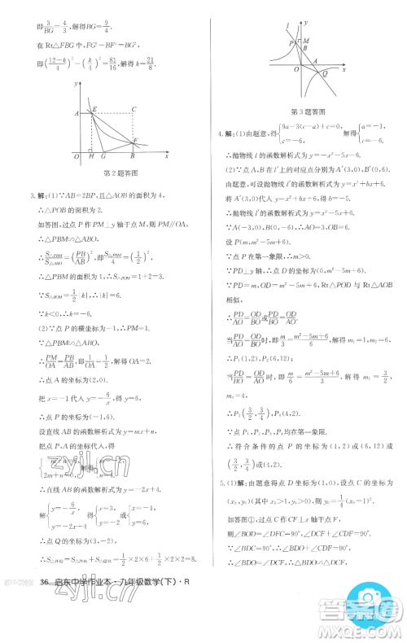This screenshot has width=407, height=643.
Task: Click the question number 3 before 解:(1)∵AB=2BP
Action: click(x=30, y=195)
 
